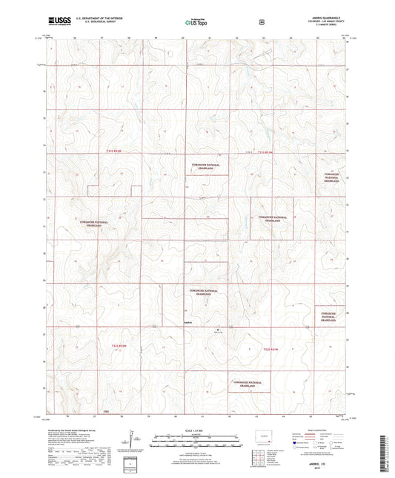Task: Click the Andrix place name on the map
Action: pos(190,322)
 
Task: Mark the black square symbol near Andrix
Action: pos(218,329)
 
